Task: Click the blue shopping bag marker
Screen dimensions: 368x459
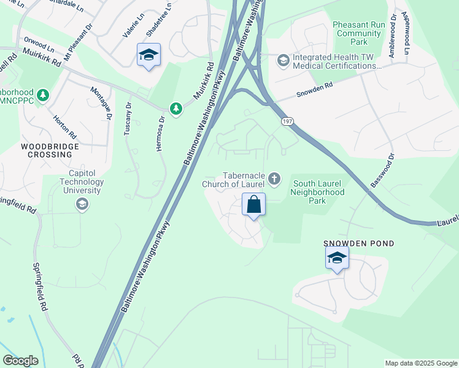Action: (x=254, y=205)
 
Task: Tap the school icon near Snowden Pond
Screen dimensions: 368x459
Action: (x=337, y=258)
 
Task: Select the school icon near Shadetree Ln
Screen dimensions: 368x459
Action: (x=148, y=55)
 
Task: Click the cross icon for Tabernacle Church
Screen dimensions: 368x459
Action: (x=274, y=178)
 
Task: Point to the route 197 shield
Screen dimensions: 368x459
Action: (x=287, y=122)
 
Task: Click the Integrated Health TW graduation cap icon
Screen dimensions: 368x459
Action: (x=283, y=59)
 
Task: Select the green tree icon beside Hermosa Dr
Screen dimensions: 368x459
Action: (x=176, y=109)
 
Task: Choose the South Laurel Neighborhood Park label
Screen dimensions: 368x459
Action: (x=318, y=192)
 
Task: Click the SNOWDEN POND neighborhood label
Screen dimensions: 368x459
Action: (x=359, y=243)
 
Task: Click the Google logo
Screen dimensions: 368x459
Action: (x=21, y=361)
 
